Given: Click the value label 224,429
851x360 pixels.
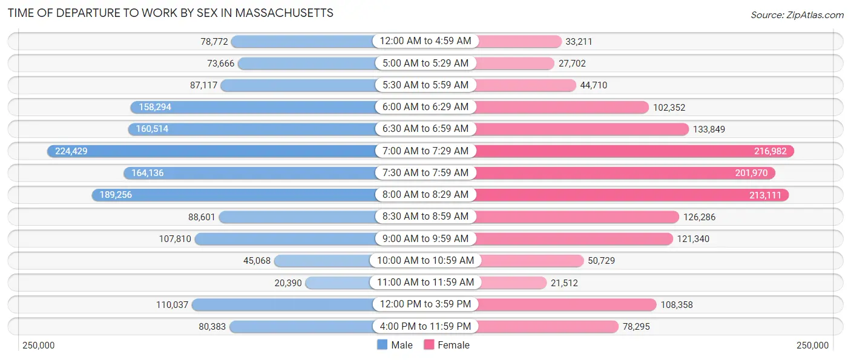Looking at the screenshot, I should pos(71,151).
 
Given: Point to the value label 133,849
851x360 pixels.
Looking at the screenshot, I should pos(709,129).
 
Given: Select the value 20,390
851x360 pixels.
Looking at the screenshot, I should pos(287,283).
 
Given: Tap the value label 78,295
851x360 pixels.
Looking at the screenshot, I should pos(640,327).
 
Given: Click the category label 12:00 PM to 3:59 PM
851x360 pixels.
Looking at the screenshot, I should pos(425,304).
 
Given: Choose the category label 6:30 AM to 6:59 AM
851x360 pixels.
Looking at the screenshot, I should pos(425,129).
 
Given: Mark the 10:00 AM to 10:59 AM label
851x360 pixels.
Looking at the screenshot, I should pos(425,261).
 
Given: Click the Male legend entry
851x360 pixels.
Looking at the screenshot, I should pos(395,345).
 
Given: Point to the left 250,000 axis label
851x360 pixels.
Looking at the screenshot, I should pos(39,345).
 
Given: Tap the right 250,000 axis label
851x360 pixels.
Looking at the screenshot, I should pos(812,345).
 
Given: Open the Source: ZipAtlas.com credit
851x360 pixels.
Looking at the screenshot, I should pos(797,15).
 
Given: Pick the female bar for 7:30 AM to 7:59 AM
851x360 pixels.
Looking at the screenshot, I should pos(623,173).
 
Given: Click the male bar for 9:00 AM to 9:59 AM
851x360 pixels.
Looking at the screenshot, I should pos(284,239).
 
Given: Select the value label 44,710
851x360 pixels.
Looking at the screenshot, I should pos(593,85).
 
